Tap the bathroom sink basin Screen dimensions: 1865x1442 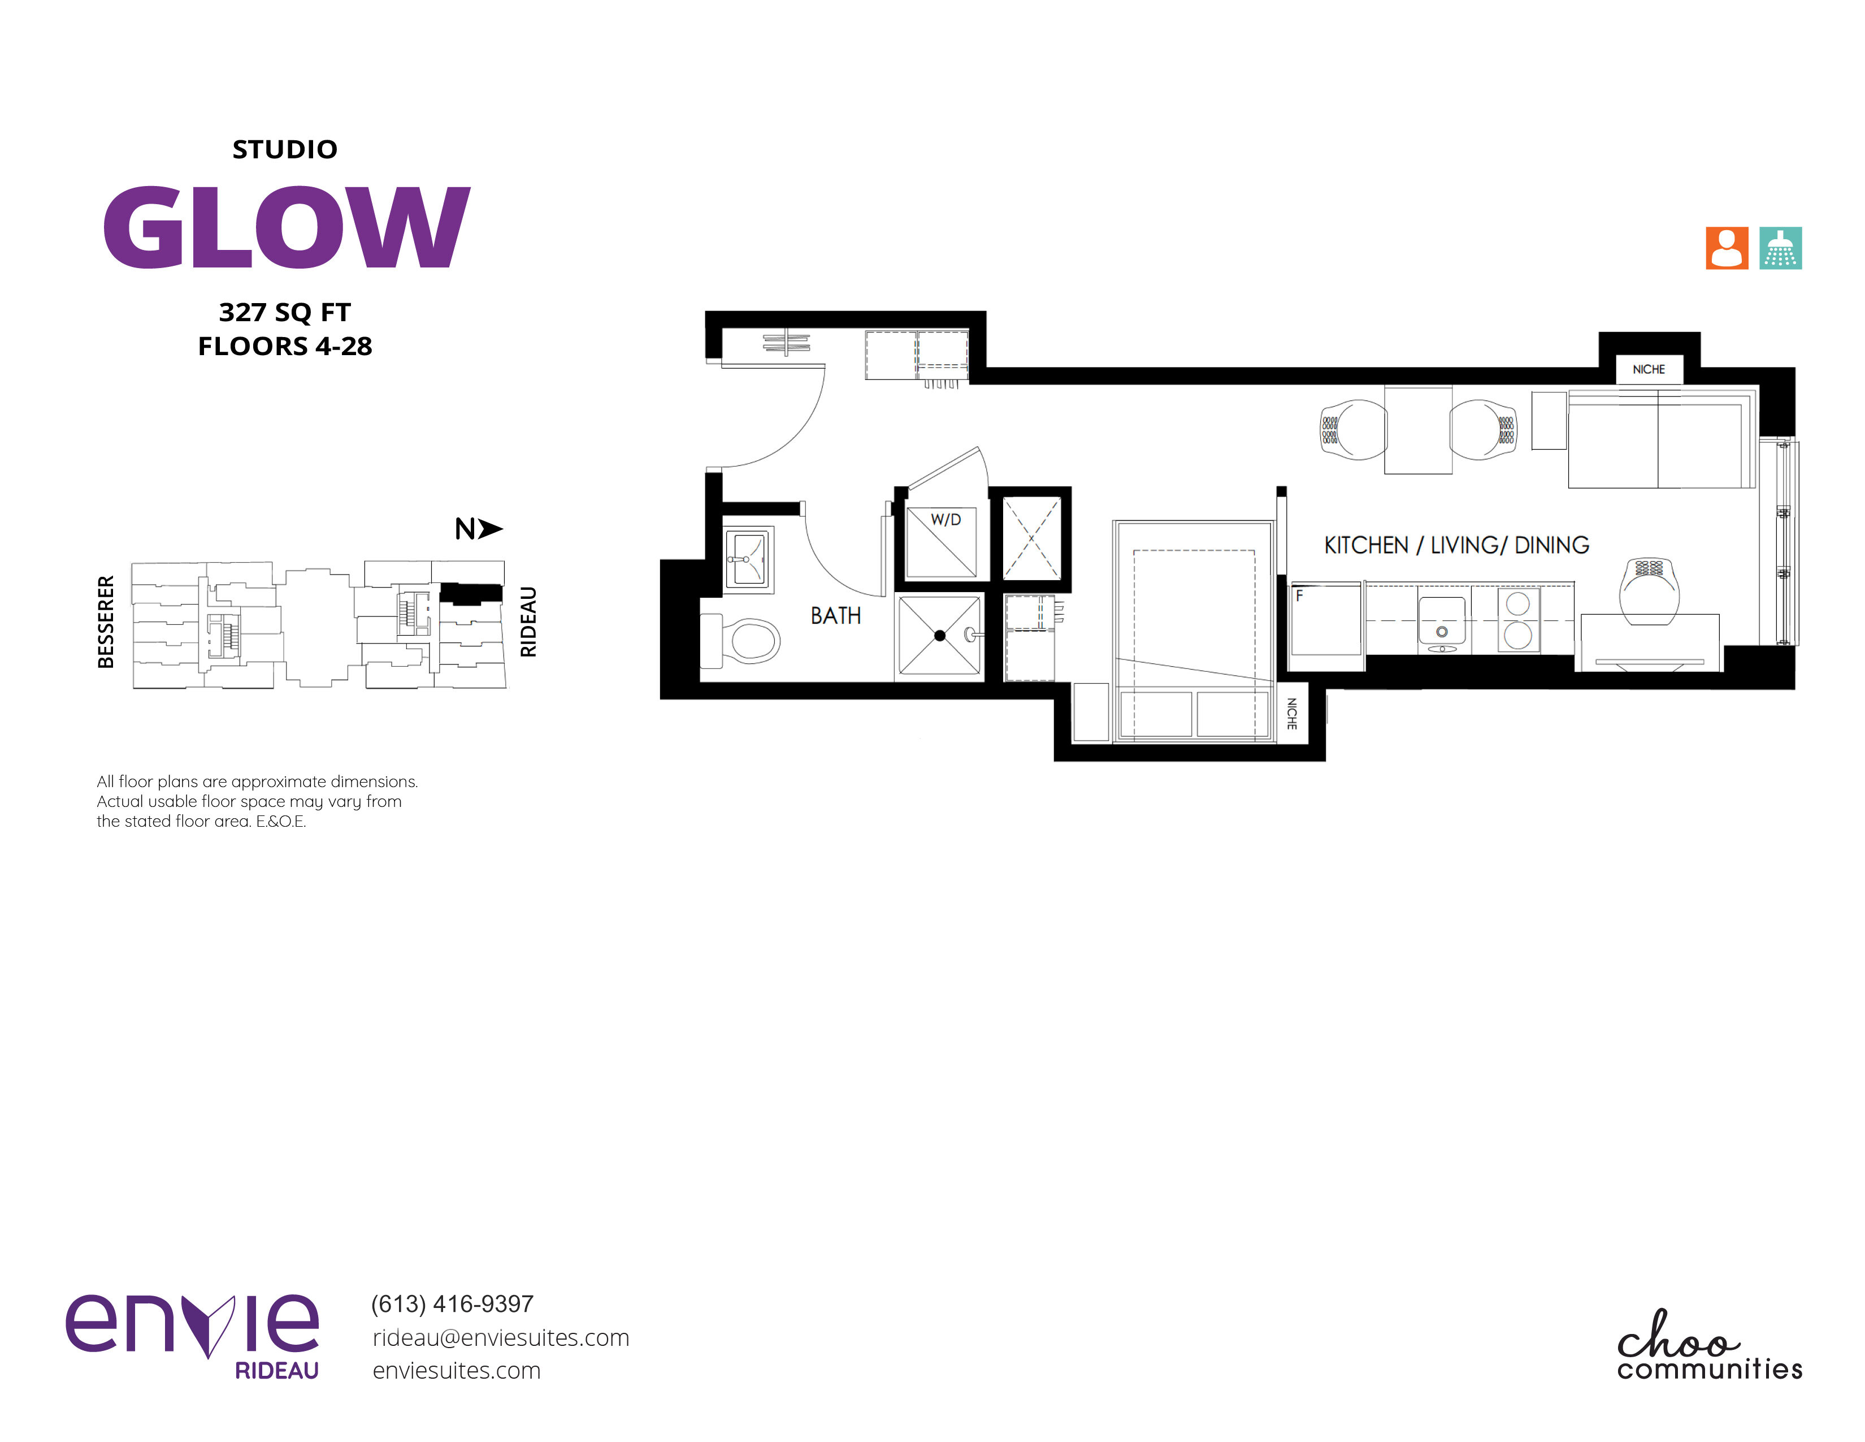[749, 559]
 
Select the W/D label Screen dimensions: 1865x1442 [945, 519]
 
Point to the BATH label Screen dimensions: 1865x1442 [835, 616]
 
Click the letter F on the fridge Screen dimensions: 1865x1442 [1299, 595]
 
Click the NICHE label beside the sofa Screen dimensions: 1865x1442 [1648, 369]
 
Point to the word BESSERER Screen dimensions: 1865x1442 [106, 622]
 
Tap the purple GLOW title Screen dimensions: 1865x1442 [286, 227]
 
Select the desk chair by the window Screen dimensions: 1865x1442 [1649, 591]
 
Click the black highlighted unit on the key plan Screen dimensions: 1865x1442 [471, 593]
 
